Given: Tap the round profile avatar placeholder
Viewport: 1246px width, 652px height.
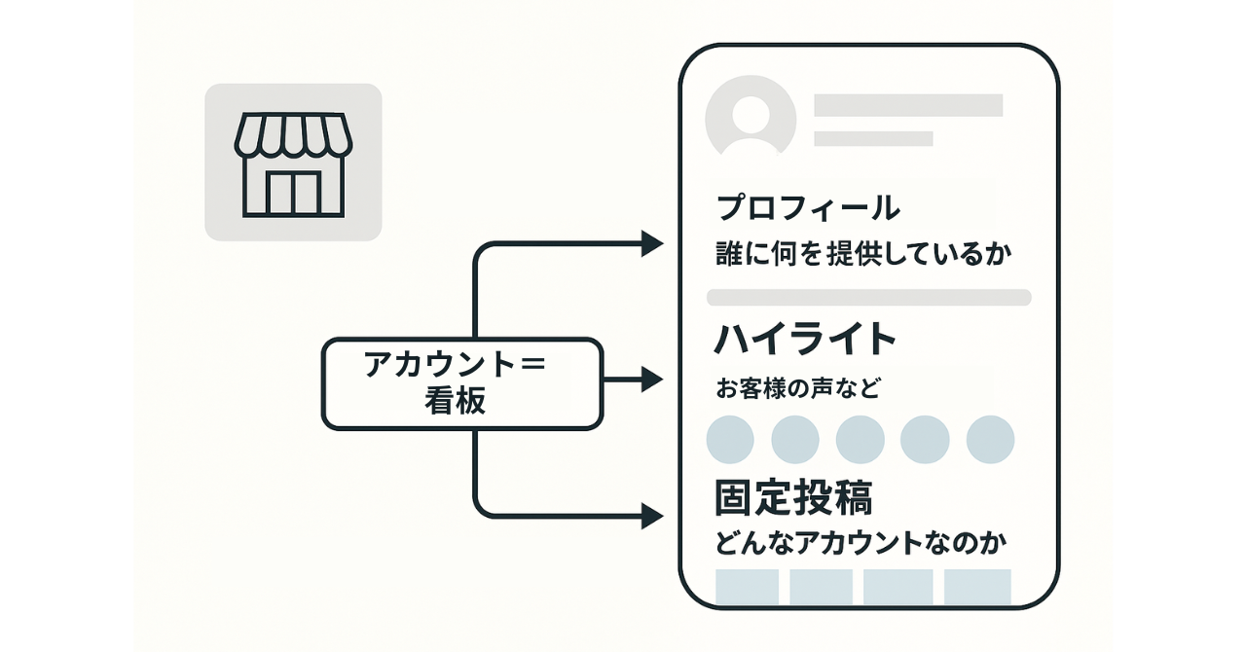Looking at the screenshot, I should tap(751, 118).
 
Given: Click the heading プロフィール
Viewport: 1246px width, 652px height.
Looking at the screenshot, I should tap(807, 207).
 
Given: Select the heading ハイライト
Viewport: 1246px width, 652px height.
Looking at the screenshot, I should tap(805, 340).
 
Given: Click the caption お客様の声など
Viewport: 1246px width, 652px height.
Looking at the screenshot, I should tap(798, 389).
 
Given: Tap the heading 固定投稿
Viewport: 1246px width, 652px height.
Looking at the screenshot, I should tap(793, 497).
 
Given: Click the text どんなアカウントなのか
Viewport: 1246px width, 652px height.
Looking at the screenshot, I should tap(861, 543).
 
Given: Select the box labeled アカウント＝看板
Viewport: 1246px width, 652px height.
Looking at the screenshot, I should tap(461, 382).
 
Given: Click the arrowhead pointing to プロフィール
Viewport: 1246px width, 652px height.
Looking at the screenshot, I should tap(652, 244).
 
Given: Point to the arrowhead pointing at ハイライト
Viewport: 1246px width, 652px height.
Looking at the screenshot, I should tap(652, 380).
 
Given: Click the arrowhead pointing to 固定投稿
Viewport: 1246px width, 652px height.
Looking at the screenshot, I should tap(652, 516).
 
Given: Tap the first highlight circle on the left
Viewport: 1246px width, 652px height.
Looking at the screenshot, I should tap(730, 440).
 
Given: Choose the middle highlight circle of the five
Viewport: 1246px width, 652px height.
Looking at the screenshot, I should tap(860, 440).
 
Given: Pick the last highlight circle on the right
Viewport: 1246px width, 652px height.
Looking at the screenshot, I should tap(990, 440).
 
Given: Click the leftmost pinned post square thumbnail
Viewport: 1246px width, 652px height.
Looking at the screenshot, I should tap(748, 587).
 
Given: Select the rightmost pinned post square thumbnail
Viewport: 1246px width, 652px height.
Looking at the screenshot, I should tap(977, 587).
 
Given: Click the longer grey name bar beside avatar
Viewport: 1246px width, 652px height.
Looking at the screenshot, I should tap(908, 105).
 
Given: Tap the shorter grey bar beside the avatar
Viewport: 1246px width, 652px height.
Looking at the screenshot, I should tap(873, 138).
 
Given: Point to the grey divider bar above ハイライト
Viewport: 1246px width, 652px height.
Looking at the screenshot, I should tap(868, 297).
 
